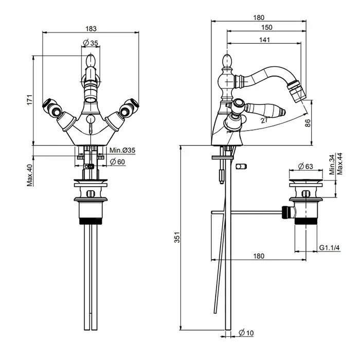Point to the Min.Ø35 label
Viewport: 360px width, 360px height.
[x=122, y=150]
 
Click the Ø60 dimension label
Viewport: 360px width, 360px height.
[x=119, y=162]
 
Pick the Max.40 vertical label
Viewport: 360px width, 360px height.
[x=30, y=175]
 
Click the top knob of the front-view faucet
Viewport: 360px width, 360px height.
[x=90, y=63]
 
